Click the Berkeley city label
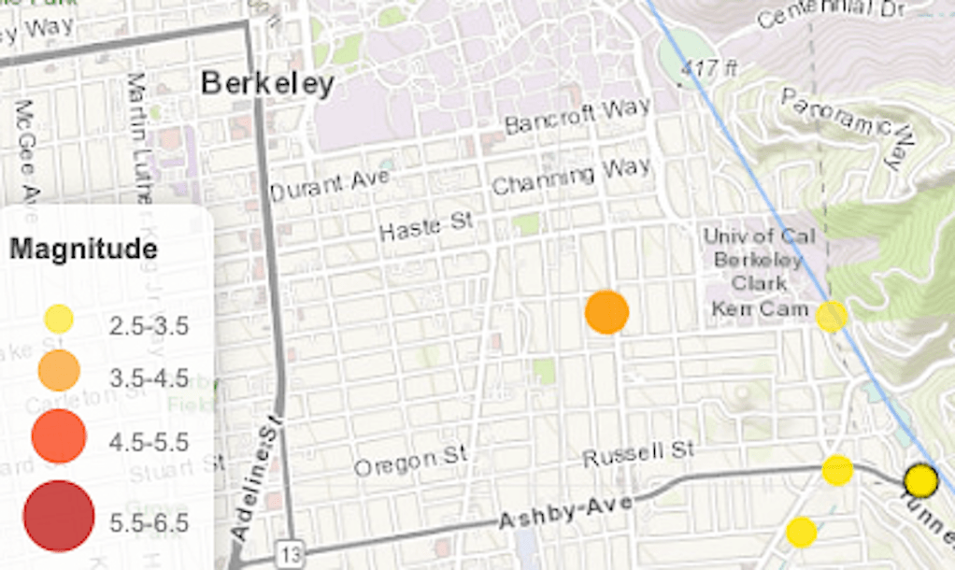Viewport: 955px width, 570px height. pyautogui.click(x=268, y=84)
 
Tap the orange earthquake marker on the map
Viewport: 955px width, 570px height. pyautogui.click(x=607, y=312)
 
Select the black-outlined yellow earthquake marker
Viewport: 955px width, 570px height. pyautogui.click(x=921, y=481)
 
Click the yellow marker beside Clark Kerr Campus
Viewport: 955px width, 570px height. pyautogui.click(x=832, y=317)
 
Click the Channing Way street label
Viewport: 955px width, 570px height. pyautogui.click(x=571, y=176)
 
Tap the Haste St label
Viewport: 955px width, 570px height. pyautogui.click(x=427, y=225)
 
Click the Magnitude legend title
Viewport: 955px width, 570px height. pyautogui.click(x=83, y=249)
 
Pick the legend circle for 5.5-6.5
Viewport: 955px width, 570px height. pyautogui.click(x=59, y=517)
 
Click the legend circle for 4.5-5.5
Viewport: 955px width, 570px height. pyautogui.click(x=59, y=436)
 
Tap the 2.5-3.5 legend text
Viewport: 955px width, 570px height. pyautogui.click(x=149, y=326)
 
